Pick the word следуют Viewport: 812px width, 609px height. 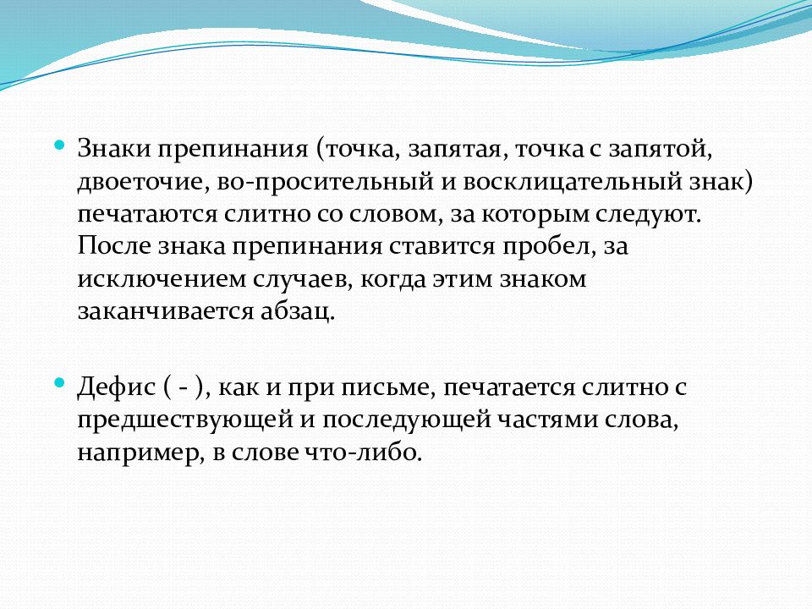(656, 213)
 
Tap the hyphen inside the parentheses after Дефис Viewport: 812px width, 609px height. (183, 387)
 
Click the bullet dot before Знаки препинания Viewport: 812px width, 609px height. (59, 145)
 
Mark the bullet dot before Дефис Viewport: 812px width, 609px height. (59, 383)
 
